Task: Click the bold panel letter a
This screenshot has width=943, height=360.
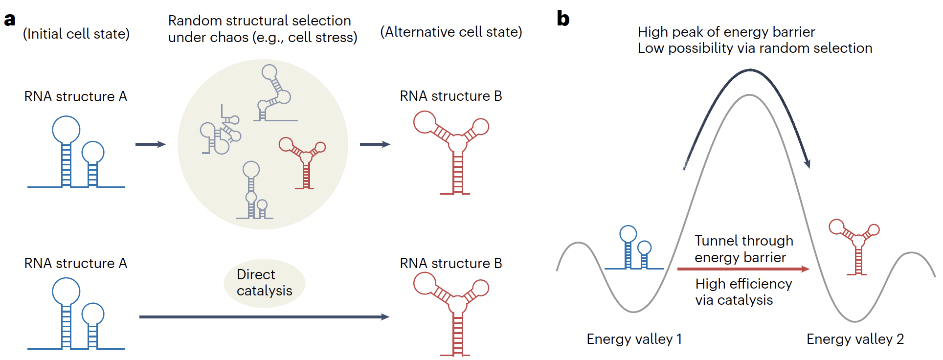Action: point(10,20)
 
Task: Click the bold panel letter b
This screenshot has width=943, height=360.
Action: point(563,19)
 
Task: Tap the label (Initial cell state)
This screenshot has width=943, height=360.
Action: point(76,34)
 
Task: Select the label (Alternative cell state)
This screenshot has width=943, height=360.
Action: point(451,32)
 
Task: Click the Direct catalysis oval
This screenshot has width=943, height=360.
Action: point(264,283)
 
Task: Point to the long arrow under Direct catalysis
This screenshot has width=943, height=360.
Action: point(264,317)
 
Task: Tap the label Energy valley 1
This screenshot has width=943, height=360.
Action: point(634,339)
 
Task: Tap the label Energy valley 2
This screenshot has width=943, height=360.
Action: point(855,339)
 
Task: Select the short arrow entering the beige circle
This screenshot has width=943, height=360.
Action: point(150,144)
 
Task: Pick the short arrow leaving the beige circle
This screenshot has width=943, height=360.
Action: point(375,144)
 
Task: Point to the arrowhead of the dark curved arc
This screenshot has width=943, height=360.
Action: point(807,164)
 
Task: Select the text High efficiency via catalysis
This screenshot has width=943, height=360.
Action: point(743,292)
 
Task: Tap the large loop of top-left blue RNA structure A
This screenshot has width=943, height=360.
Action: point(66,130)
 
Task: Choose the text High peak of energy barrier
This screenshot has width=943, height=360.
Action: point(726,32)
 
